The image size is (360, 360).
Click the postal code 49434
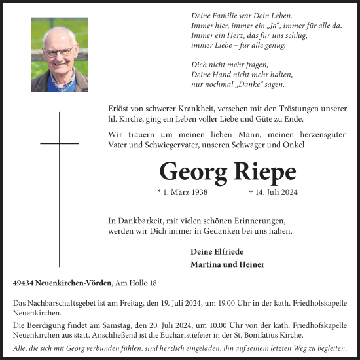(x=23, y=283)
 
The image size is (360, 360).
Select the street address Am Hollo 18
(x=135, y=283)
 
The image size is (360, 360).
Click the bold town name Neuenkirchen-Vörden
(x=73, y=283)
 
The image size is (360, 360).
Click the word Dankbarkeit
(x=138, y=221)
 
